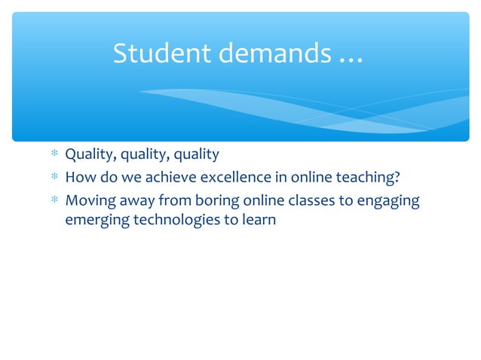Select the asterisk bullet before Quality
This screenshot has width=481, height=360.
pyautogui.click(x=54, y=156)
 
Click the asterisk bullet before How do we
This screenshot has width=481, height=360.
pyautogui.click(x=54, y=179)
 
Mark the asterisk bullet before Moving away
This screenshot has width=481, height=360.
pyautogui.click(x=54, y=202)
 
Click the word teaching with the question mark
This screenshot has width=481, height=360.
pyautogui.click(x=367, y=178)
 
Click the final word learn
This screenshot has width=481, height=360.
pyautogui.click(x=256, y=221)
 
